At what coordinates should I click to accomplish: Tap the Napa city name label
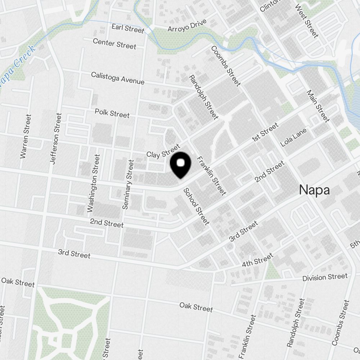(x=314, y=190)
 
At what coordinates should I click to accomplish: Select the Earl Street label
(x=127, y=28)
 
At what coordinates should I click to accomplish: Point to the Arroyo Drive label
(x=187, y=25)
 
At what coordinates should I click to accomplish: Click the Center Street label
(x=114, y=44)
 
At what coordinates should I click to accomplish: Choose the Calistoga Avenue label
(x=118, y=78)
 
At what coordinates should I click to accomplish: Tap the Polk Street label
(x=112, y=113)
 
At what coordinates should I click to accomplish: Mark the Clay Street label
(x=163, y=151)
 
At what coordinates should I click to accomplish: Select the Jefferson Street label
(x=56, y=139)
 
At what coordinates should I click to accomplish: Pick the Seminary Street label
(x=128, y=184)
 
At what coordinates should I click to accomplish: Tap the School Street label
(x=196, y=207)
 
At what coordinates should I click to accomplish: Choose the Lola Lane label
(x=293, y=137)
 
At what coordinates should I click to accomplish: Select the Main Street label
(x=318, y=106)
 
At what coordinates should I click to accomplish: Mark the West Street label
(x=307, y=21)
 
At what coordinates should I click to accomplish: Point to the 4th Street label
(x=257, y=260)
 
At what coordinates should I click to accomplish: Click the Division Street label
(x=325, y=277)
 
